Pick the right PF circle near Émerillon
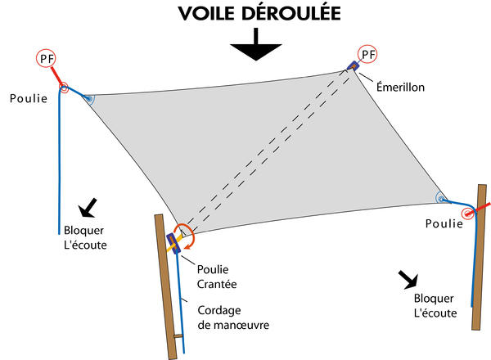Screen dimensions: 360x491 (369, 55)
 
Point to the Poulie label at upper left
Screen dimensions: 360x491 (29, 98)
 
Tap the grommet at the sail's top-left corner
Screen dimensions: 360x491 (88, 99)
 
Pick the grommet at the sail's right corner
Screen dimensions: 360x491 (440, 198)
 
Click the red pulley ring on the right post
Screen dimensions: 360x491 (468, 214)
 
